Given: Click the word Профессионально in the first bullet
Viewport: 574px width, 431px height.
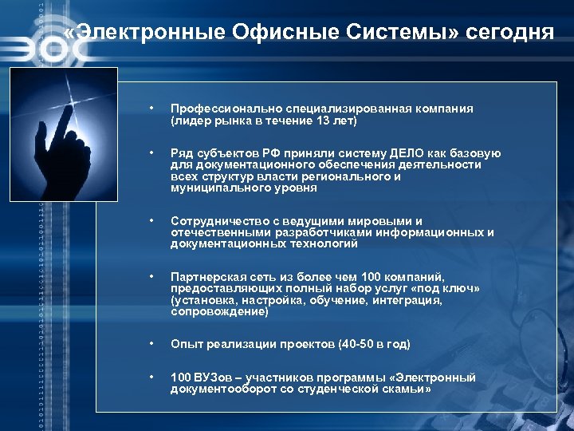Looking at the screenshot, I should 222,109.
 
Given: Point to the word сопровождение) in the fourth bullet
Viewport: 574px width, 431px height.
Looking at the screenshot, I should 219,312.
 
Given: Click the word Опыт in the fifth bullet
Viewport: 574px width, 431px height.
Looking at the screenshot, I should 184,345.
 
